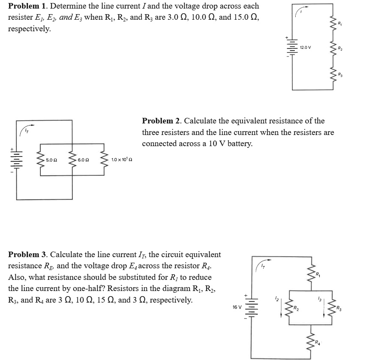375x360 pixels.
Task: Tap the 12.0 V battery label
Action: coord(305,47)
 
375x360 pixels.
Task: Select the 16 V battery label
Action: coord(237,307)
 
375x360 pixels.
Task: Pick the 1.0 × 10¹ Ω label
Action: coord(122,160)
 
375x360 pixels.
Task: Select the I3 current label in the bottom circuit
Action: coord(320,297)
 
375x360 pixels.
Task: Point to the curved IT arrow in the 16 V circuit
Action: coord(261,265)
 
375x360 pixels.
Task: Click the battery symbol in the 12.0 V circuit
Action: coord(292,47)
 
